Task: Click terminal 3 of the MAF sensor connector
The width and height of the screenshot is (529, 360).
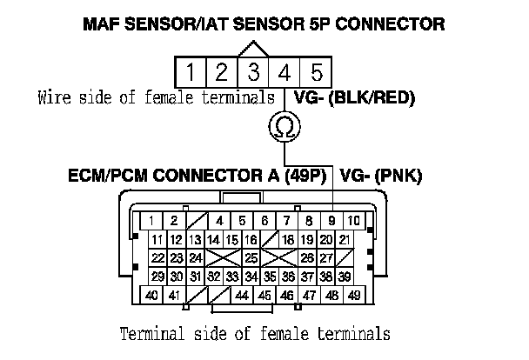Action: [x=253, y=70]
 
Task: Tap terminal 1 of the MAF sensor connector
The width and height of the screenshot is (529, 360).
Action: [x=191, y=70]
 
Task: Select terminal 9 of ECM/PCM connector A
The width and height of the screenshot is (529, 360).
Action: [x=333, y=221]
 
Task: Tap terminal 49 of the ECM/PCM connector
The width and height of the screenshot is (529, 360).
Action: [x=354, y=296]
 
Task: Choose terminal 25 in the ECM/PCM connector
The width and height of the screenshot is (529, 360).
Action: [x=250, y=258]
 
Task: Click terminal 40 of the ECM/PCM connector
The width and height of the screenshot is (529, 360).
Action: [x=151, y=296]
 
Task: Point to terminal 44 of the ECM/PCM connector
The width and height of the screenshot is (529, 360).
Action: [x=241, y=296]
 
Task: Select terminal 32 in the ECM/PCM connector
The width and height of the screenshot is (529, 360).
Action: [x=214, y=277]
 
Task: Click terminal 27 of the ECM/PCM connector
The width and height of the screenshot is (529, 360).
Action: [x=329, y=258]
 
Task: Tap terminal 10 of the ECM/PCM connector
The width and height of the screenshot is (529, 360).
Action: [x=355, y=221]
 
